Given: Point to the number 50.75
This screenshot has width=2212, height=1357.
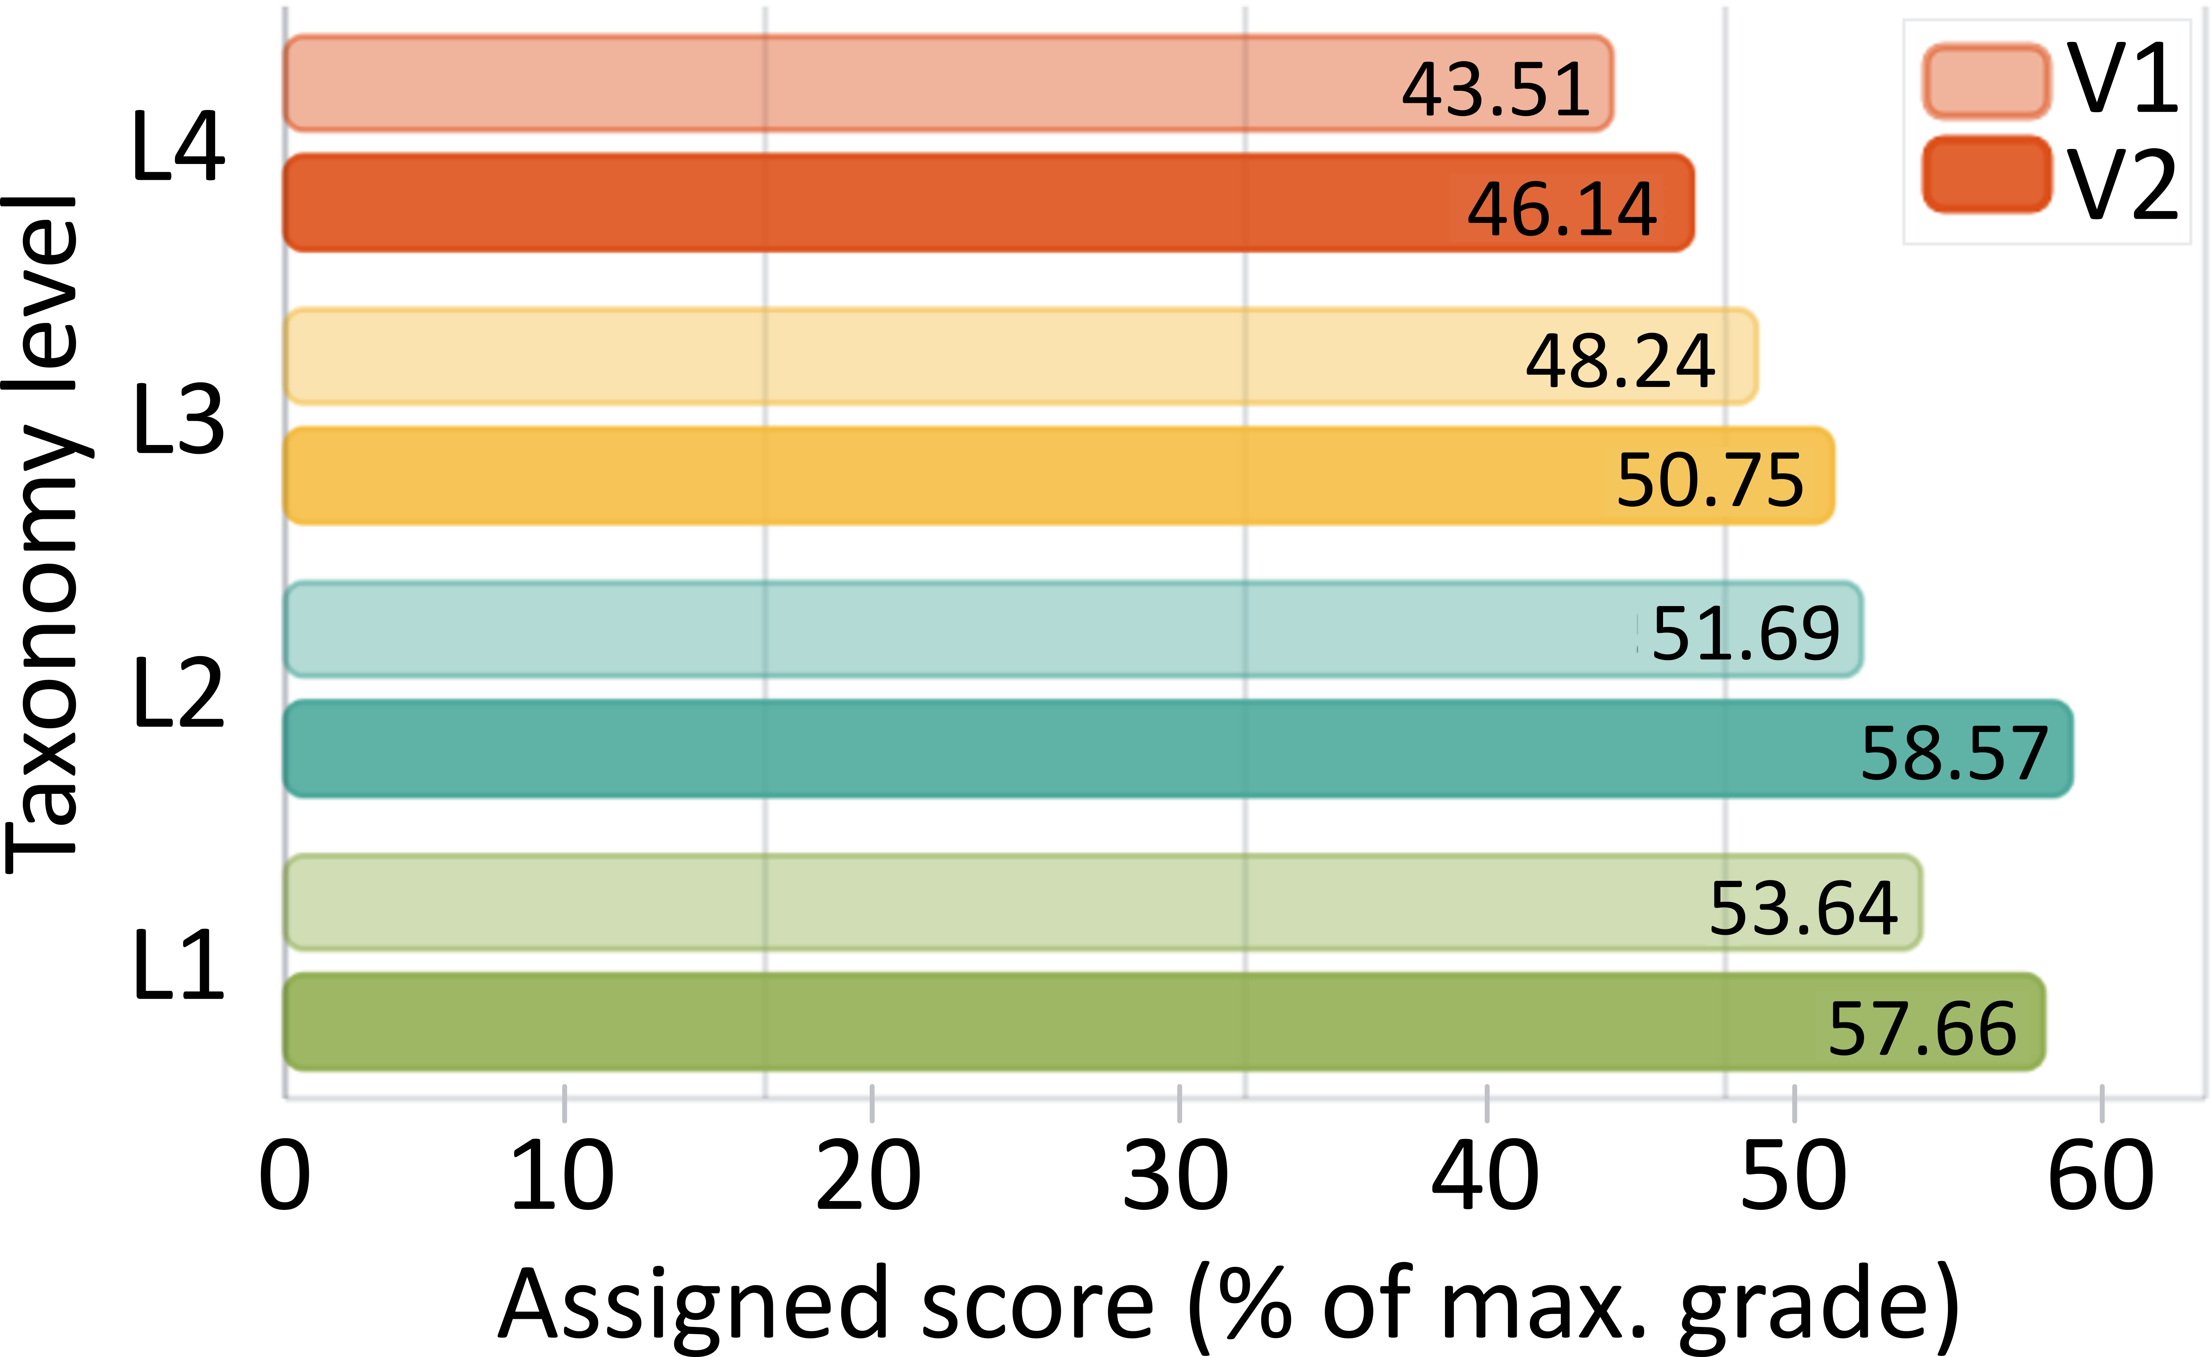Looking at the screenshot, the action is (x=1710, y=481).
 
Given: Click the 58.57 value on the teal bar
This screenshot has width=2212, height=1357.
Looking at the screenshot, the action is (x=1954, y=752).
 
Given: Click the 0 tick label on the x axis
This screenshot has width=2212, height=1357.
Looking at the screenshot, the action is (x=285, y=1176).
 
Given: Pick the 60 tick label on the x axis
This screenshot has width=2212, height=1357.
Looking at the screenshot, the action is (x=2101, y=1176).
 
